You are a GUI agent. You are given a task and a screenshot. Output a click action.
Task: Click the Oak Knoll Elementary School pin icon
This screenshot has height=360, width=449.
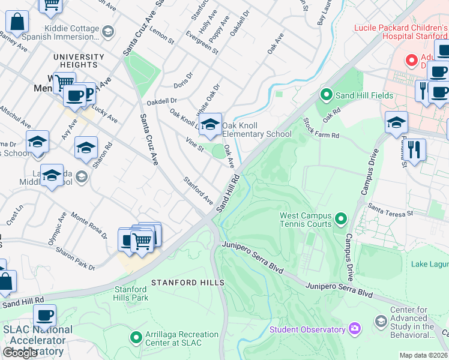point(210,125)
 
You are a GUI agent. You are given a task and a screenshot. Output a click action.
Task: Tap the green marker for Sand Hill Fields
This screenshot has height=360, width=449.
point(326,95)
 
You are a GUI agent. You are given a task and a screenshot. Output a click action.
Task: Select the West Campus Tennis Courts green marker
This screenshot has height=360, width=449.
point(342,218)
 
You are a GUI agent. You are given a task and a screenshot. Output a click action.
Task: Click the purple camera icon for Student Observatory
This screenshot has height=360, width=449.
point(355,329)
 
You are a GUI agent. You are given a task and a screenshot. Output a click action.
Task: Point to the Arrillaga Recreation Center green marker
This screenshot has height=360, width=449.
point(136,338)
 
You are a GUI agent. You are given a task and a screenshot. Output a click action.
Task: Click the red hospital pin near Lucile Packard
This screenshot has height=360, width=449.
point(411,60)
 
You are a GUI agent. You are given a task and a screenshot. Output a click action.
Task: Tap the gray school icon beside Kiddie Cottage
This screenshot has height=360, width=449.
point(108,31)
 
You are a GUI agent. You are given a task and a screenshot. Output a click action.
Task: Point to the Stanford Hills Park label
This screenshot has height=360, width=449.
point(131,293)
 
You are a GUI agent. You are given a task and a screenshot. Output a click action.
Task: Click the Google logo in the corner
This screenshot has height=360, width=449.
point(20,353)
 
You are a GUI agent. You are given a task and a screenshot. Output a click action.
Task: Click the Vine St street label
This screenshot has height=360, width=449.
point(195,144)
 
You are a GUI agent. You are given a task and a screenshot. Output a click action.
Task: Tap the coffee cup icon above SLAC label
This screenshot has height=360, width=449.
point(44,315)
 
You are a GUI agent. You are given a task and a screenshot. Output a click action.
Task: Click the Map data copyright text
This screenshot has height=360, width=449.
point(423,355)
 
